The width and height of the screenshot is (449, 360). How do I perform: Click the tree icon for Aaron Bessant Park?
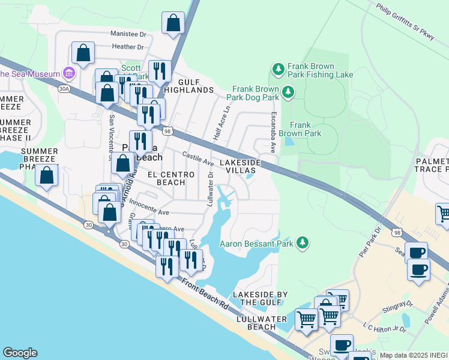pyautogui.click(x=304, y=242)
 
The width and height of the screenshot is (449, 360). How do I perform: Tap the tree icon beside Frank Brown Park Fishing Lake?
pyautogui.click(x=279, y=70)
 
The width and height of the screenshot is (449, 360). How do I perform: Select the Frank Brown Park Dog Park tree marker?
pyautogui.click(x=289, y=92)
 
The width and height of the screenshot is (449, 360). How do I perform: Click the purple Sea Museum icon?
pyautogui.click(x=69, y=74)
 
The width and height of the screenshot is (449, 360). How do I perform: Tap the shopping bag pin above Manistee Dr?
pyautogui.click(x=173, y=23)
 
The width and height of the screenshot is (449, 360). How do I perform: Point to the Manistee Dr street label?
pyautogui.click(x=128, y=35)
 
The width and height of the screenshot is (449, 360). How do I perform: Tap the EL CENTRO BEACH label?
pyautogui.click(x=171, y=178)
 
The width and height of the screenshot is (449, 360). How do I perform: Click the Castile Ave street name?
pyautogui.click(x=198, y=159)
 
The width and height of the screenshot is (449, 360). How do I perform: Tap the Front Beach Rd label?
pyautogui.click(x=205, y=296)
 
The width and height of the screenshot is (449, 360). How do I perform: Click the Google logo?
pyautogui.click(x=20, y=353)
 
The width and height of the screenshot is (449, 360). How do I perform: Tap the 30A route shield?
pyautogui.click(x=64, y=89)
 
